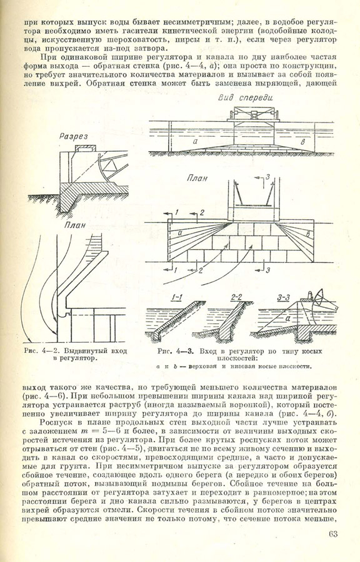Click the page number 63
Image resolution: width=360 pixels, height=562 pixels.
pyautogui.click(x=333, y=534)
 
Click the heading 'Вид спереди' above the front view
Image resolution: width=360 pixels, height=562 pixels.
pyautogui.click(x=246, y=97)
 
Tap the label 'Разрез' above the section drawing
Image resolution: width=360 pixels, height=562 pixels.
pyautogui.click(x=74, y=137)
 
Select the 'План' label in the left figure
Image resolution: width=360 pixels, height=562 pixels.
pyautogui.click(x=75, y=225)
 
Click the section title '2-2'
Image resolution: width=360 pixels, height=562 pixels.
pyautogui.click(x=236, y=297)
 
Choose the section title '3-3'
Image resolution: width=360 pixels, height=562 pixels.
pyautogui.click(x=284, y=297)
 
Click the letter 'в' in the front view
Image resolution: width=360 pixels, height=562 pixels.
pyautogui.click(x=303, y=142)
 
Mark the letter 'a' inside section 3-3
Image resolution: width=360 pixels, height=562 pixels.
pyautogui.click(x=288, y=318)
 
